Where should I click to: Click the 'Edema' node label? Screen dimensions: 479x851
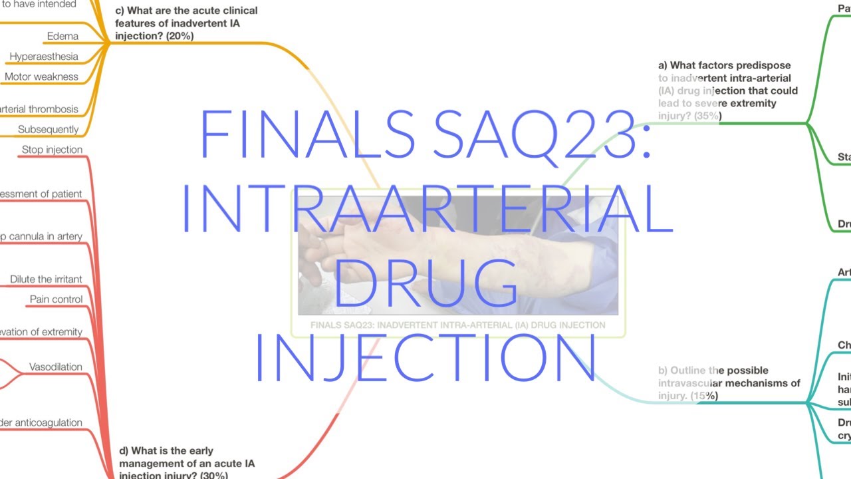tap(62, 36)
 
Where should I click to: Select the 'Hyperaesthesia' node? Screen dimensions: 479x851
tap(44, 57)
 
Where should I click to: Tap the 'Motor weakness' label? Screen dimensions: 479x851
tap(41, 77)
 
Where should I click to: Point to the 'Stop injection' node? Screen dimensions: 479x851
tap(52, 150)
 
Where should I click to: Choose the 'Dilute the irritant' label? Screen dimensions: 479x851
tap(46, 279)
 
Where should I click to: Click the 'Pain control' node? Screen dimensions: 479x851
tap(57, 299)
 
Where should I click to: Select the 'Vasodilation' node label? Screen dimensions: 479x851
tap(56, 367)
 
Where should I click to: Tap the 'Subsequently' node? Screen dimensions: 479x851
tap(48, 129)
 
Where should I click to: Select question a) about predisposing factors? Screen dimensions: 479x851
tap(727, 90)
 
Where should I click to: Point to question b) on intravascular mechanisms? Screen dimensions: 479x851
tap(729, 383)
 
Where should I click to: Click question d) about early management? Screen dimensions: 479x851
tap(186, 463)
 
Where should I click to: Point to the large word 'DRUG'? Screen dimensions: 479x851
tap(425, 282)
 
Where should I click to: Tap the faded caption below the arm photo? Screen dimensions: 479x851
tap(457, 325)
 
